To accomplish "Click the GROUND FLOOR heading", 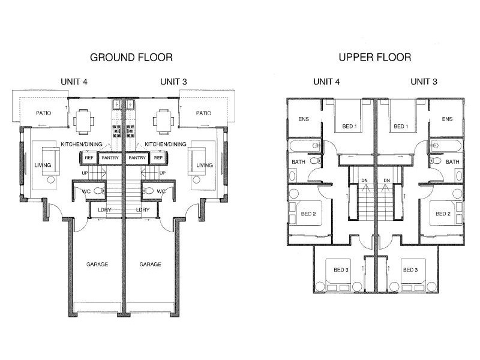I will (131, 58).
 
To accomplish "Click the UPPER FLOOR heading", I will (374, 58).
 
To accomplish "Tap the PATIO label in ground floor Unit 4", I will (43, 113).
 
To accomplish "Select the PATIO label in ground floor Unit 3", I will (203, 113).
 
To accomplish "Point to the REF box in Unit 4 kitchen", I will (89, 158).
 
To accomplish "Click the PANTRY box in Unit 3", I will (138, 158).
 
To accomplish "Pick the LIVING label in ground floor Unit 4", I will (43, 165).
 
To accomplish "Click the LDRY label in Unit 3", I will (143, 210).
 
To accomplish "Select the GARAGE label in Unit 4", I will (97, 264).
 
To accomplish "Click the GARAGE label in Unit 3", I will (150, 264).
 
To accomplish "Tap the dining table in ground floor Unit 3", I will (163, 119).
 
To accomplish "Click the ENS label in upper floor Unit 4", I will (304, 119).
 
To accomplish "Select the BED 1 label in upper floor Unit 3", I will (400, 127).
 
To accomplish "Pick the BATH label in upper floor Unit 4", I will (298, 162).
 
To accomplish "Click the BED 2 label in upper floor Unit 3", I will (443, 214).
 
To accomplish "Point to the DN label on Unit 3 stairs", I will (386, 181).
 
